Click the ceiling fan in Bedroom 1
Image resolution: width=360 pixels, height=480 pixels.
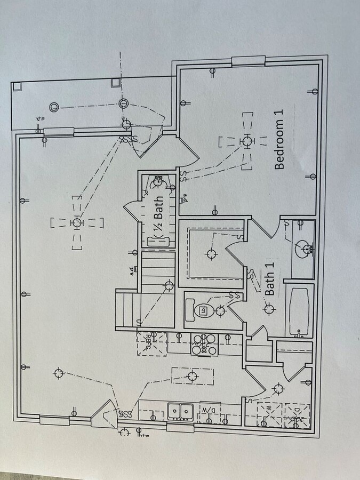pos(246,141)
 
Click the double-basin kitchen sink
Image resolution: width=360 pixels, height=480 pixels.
pos(181,411)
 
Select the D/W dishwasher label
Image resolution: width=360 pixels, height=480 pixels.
pos(209,410)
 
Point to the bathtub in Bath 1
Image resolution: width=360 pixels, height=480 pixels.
pos(299,312)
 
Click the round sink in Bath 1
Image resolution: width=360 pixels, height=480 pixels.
pos(304,248)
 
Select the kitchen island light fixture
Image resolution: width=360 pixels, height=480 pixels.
pos(193,376)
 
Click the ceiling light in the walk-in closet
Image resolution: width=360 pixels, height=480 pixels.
pos(211,253)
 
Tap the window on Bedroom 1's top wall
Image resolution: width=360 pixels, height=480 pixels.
pos(248,61)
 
